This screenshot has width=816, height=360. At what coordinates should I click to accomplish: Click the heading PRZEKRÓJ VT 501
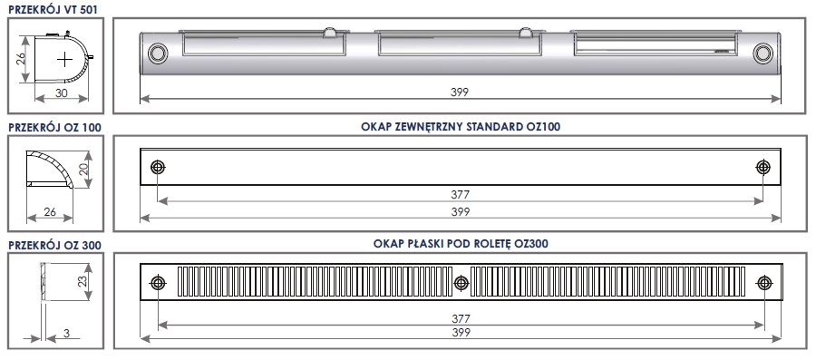53,9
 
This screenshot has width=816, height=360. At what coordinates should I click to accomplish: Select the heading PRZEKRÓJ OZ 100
54,128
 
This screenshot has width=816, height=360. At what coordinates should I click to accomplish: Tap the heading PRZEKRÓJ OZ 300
54,245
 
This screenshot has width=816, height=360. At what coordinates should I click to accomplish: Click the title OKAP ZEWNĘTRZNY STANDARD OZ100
461,126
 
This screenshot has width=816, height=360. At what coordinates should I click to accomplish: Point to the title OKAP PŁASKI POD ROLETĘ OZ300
461,243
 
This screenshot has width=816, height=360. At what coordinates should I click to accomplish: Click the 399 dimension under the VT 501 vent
461,92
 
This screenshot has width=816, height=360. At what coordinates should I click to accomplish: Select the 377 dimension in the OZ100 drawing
461,195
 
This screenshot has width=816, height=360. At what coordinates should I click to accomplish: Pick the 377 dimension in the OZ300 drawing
461,318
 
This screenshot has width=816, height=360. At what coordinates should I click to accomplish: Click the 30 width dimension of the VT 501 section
62,92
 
